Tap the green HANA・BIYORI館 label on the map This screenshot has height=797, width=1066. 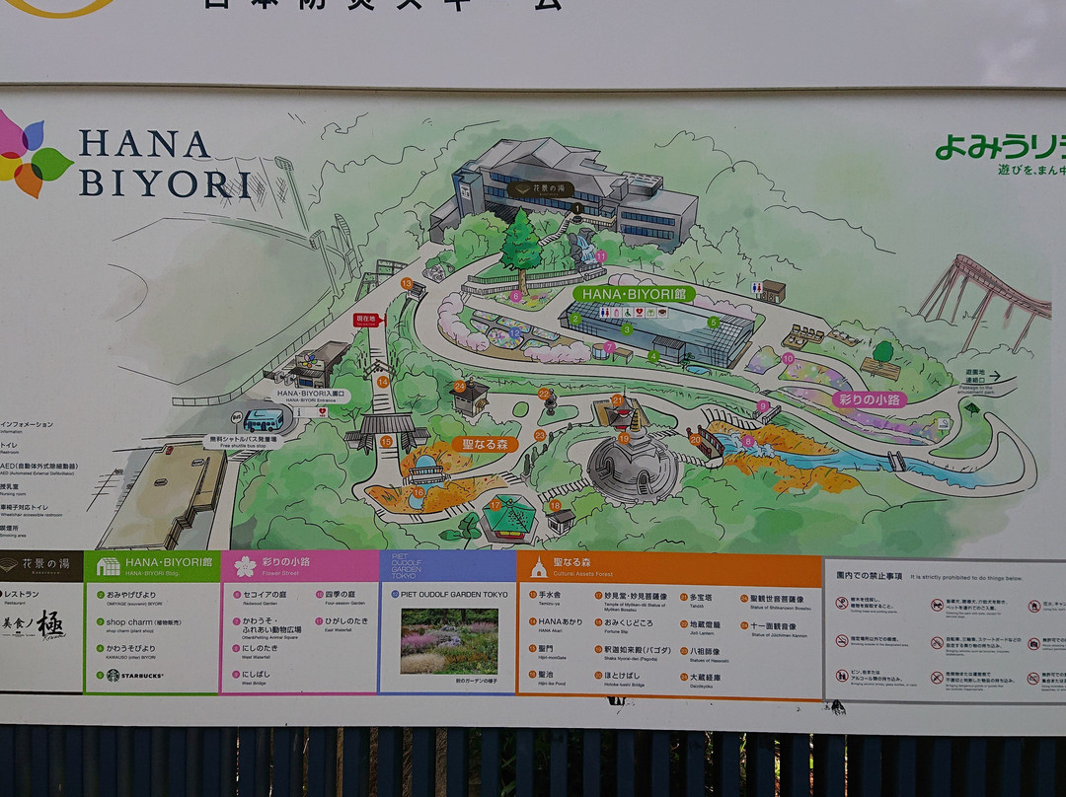point(633,294)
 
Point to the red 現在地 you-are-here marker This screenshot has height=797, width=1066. point(366,320)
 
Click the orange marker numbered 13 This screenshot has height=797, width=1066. point(407,283)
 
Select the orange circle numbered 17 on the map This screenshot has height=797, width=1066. point(495,505)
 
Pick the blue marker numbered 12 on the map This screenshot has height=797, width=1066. point(516,333)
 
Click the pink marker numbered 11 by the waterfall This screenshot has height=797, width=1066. point(600,256)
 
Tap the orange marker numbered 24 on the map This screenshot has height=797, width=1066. point(460,387)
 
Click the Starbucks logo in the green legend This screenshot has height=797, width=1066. point(113,676)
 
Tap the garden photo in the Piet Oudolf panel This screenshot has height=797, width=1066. point(449,640)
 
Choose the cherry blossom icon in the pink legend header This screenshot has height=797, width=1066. point(245,566)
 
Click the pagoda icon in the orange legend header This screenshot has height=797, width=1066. point(538,567)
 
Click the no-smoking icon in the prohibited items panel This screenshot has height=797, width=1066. point(841,602)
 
